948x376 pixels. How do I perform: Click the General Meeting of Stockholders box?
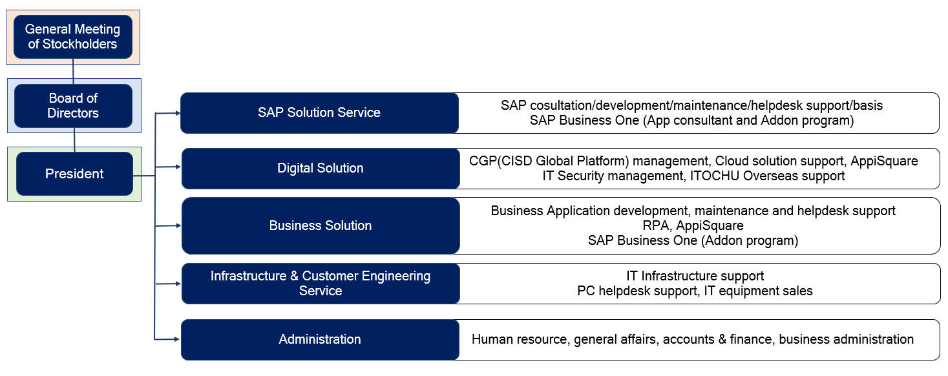click(73, 37)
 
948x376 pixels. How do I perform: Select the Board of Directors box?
click(73, 106)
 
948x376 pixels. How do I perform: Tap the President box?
click(74, 174)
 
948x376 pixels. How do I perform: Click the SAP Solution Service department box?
click(319, 113)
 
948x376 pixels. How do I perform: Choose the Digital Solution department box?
click(321, 169)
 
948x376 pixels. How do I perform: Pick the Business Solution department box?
click(321, 226)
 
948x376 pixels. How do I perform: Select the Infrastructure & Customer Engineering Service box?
click(321, 284)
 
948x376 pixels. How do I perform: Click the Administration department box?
click(320, 340)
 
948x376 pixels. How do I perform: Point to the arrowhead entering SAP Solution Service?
click(178, 113)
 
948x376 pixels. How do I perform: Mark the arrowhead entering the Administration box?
click(177, 339)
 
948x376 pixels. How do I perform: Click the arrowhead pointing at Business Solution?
click(178, 225)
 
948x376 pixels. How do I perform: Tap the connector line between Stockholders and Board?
click(73, 72)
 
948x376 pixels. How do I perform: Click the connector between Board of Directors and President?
click(74, 140)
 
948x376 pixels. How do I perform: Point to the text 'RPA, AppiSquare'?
click(693, 226)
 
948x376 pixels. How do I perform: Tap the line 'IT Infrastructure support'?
click(695, 276)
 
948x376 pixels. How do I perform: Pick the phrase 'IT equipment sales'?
click(759, 291)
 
